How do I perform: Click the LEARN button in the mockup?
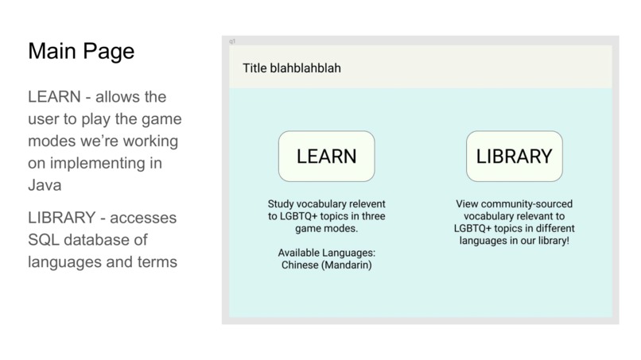(x=326, y=156)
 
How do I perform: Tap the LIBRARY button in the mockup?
(x=514, y=156)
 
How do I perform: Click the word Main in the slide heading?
(x=52, y=52)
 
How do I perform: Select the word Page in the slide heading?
(x=107, y=52)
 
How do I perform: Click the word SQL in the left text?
(x=45, y=240)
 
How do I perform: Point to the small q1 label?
(x=232, y=41)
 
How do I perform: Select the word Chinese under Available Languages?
(x=303, y=265)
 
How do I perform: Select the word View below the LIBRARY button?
(x=468, y=204)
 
